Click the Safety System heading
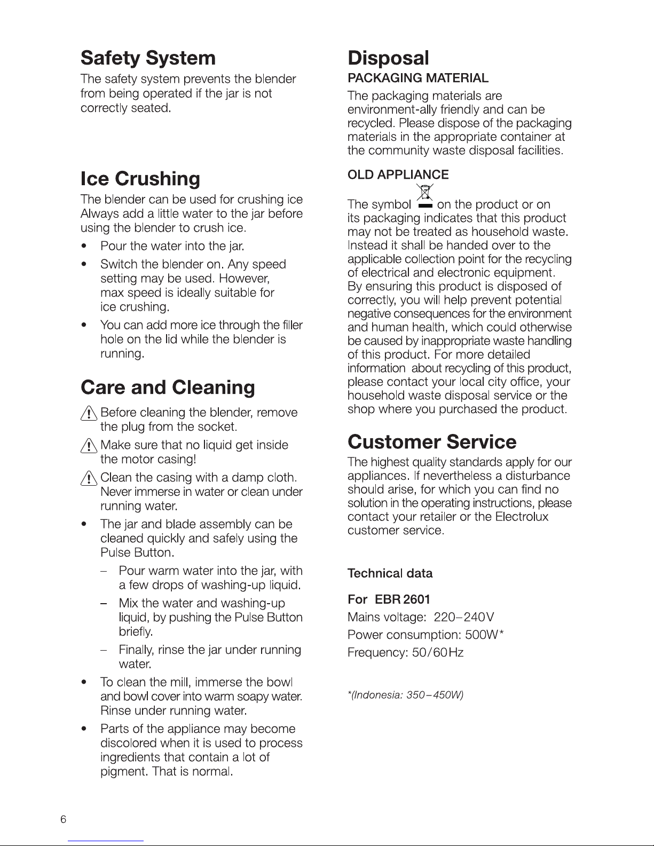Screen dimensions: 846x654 148,58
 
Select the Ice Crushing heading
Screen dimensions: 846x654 140,178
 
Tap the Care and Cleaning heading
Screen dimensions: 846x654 168,388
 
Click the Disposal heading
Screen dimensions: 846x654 388,58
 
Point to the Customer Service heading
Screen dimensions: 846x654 432,442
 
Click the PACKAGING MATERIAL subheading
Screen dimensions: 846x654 418,78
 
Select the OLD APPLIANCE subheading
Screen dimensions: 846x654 398,175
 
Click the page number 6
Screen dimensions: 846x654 63,820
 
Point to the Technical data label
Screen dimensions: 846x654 390,574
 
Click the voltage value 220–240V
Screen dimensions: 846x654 464,618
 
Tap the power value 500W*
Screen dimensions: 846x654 485,635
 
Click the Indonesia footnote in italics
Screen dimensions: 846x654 405,695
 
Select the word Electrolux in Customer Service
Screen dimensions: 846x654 522,517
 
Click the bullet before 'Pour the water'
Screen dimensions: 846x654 83,247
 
